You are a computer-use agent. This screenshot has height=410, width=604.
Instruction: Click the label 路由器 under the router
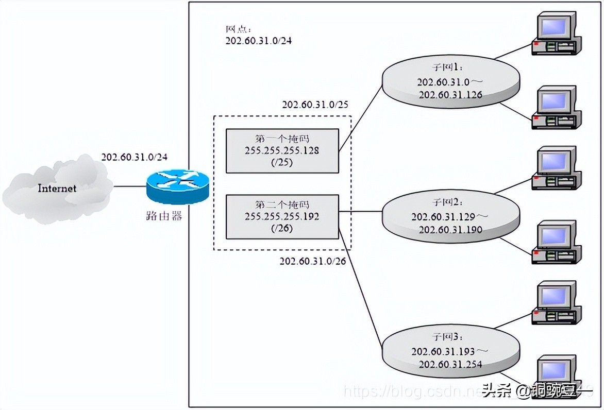(164, 216)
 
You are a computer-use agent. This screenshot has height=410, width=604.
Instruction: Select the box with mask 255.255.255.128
(282, 151)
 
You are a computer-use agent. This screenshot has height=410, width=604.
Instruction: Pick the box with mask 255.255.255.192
(282, 216)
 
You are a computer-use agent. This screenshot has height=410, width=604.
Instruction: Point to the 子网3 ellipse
(449, 351)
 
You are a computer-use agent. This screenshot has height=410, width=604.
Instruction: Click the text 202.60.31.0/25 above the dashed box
(315, 105)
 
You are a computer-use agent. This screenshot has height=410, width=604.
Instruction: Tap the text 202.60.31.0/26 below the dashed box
(313, 261)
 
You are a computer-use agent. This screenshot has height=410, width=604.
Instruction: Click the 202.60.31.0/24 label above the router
(134, 157)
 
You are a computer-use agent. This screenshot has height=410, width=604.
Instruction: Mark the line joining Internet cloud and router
(129, 186)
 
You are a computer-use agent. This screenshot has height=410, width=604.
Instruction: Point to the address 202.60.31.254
(450, 364)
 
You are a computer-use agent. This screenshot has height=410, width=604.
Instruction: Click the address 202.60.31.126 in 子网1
(450, 95)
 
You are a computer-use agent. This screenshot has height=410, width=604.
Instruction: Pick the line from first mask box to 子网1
(361, 119)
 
